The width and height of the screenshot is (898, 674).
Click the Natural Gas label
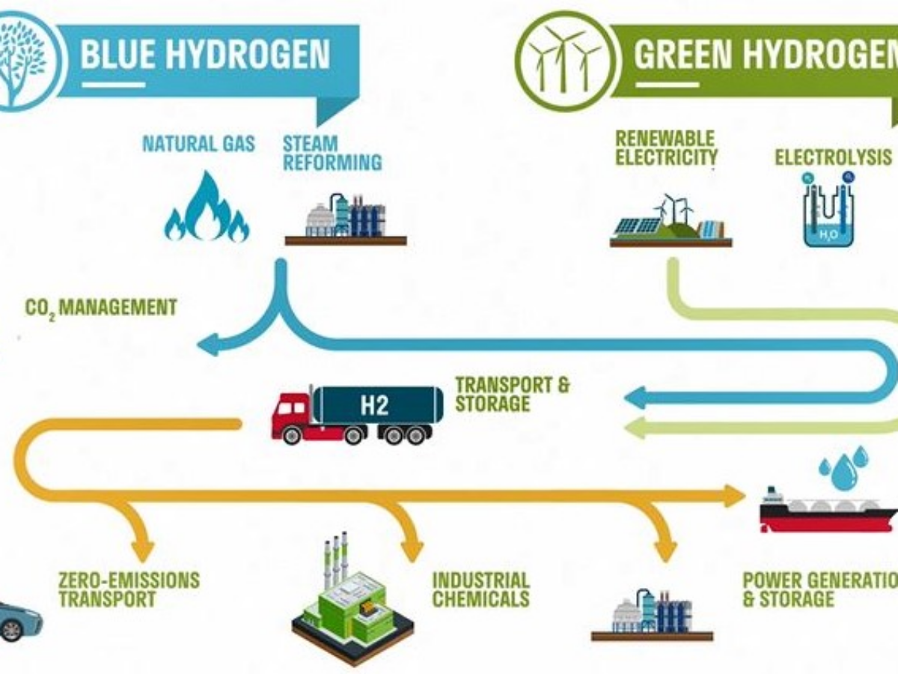tap(198, 143)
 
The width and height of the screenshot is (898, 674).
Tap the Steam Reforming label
tap(332, 152)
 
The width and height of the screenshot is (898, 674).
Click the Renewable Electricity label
tap(666, 148)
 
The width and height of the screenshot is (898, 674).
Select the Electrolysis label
tap(833, 157)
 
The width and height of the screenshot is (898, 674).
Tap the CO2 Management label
tap(101, 307)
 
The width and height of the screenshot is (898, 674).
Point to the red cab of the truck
tap(292, 414)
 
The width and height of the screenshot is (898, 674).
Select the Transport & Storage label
tap(512, 395)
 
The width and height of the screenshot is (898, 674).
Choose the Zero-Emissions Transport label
tap(129, 589)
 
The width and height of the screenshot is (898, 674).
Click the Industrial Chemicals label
tap(480, 589)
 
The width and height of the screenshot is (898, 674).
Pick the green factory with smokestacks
tap(352, 599)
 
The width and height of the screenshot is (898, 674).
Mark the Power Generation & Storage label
tap(819, 589)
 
